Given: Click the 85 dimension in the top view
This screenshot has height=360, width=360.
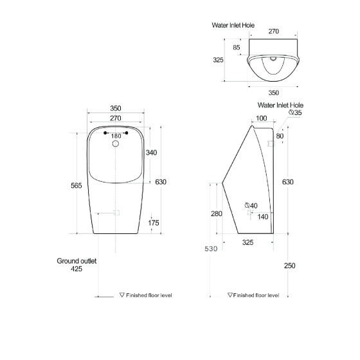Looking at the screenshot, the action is pos(237,48).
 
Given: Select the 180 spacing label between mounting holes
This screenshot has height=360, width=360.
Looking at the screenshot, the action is pos(116,136).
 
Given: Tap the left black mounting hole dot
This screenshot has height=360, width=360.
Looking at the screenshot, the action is pos(105,133).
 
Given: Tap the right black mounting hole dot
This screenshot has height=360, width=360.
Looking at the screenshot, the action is pos(126,133).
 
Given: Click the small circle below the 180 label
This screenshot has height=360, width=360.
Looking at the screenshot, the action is pos(116,144).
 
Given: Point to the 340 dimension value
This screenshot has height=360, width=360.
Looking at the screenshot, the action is pos(151,152).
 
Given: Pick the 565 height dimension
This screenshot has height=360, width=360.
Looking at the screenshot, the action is pos(76,186).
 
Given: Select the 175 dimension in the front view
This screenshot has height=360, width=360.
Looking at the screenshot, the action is pos(154,222).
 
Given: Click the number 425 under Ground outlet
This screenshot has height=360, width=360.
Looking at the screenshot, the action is pos(76,269).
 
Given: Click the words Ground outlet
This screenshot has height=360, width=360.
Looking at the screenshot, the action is pos(76,261).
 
